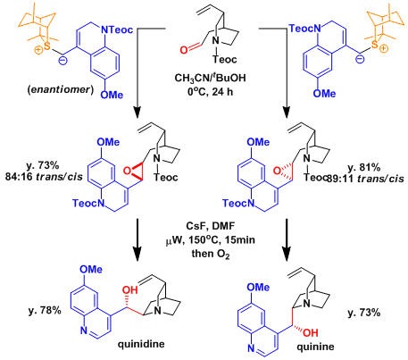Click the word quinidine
(141, 344)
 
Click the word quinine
(315, 347)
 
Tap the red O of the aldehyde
(184, 49)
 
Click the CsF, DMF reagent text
(211, 226)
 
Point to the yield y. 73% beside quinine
(364, 313)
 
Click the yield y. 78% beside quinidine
(45, 311)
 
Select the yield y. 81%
(364, 168)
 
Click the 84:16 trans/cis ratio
(44, 177)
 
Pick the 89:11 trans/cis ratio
(366, 179)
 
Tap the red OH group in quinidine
(130, 289)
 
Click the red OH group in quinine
(311, 332)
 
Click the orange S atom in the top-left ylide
(46, 46)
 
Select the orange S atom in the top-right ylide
(374, 45)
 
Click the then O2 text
(211, 254)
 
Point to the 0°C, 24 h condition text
(211, 91)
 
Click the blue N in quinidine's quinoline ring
(84, 331)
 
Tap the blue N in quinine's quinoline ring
(252, 347)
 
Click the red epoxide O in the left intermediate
(127, 171)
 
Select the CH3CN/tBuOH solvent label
(210, 78)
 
